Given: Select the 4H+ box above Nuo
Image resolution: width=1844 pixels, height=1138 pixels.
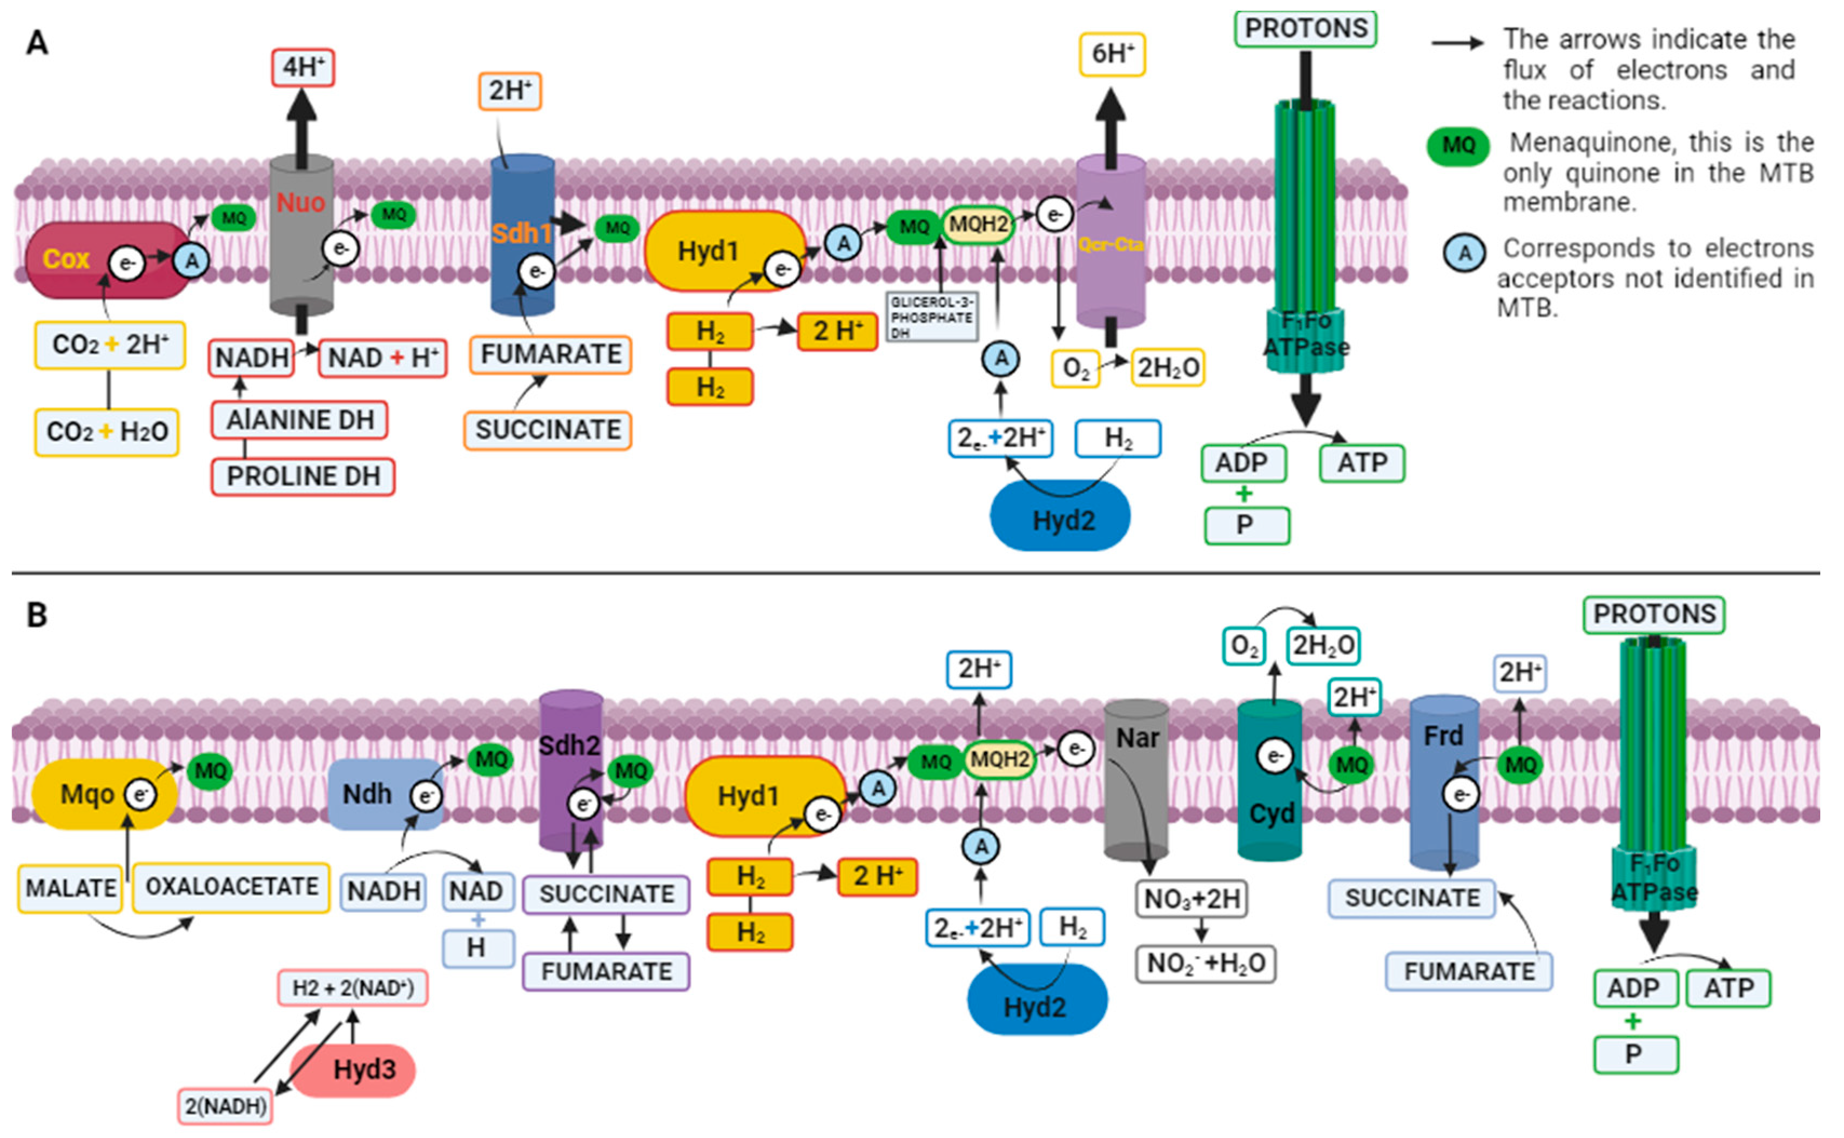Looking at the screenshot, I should [x=302, y=68].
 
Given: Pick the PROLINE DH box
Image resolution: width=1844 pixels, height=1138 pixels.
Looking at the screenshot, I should [x=302, y=476].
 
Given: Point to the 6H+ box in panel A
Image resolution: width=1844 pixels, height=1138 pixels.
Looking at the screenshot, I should [x=1112, y=54].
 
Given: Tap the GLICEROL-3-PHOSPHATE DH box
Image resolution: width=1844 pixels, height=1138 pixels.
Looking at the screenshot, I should [x=931, y=316].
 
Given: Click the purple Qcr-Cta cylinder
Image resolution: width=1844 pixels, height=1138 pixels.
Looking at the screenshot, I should [x=1110, y=279].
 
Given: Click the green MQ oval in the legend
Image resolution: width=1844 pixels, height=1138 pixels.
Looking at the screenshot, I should [x=1458, y=146].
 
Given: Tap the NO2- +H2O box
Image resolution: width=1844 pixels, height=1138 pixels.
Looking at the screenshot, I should [x=1205, y=964].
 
